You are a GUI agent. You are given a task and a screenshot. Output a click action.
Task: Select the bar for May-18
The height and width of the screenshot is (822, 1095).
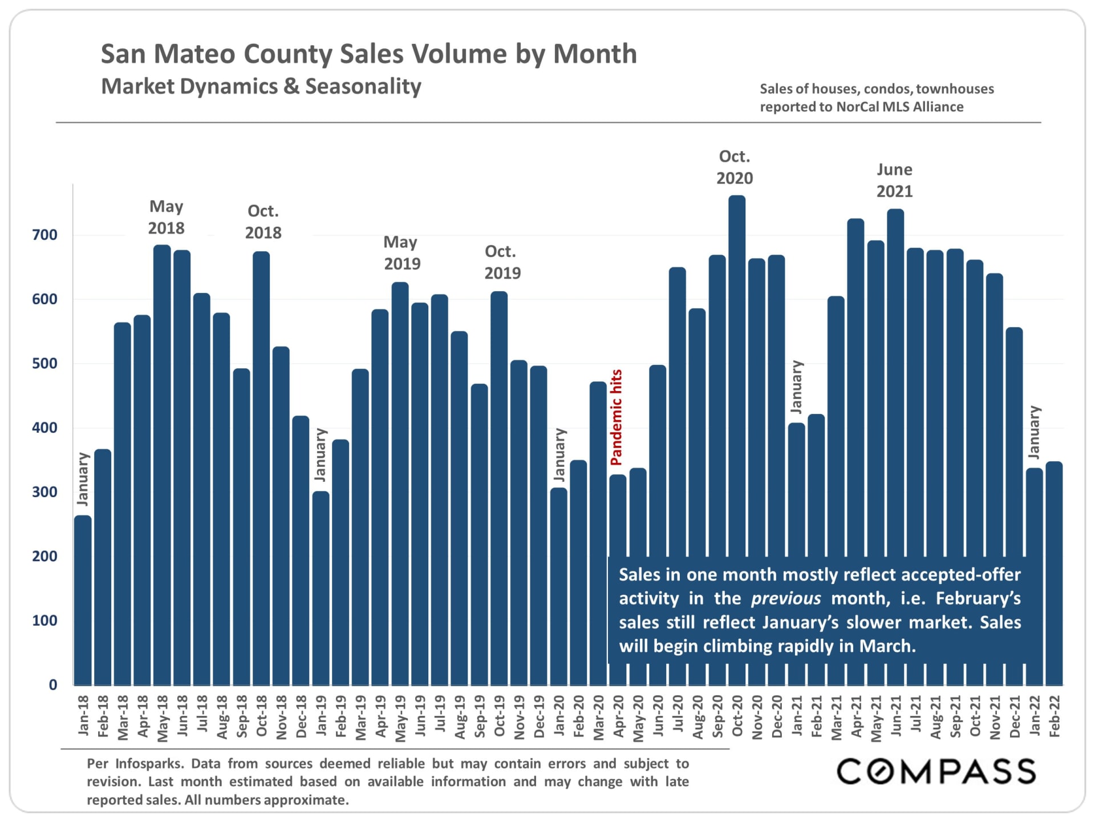coord(163,465)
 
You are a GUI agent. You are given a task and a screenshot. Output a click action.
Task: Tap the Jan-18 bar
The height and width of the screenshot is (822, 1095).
coord(83,599)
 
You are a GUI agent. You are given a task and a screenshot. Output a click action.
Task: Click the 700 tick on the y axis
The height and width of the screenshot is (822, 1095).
coord(44,235)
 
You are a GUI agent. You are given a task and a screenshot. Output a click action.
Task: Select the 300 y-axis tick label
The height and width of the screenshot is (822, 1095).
coord(44,492)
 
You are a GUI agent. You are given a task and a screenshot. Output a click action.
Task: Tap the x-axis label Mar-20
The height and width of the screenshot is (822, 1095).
coord(598,718)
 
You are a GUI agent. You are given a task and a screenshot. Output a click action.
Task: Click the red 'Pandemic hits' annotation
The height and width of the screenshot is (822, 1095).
coord(617,417)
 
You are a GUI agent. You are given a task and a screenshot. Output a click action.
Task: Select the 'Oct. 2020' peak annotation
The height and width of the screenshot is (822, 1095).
coord(735,167)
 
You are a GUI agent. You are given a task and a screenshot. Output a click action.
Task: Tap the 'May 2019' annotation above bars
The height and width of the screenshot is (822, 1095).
coord(401,253)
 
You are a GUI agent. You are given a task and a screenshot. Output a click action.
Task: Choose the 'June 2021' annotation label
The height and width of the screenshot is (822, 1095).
coord(894,180)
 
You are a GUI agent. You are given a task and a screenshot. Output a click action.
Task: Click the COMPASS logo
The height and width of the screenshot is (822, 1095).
coord(936,771)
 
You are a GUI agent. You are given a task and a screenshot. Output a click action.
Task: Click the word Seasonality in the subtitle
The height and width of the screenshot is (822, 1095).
coord(363,86)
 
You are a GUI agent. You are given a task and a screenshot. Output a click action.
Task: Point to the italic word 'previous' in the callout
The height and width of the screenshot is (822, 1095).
coord(786,598)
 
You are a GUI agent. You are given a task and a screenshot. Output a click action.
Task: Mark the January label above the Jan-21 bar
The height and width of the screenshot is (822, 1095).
coord(797,386)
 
